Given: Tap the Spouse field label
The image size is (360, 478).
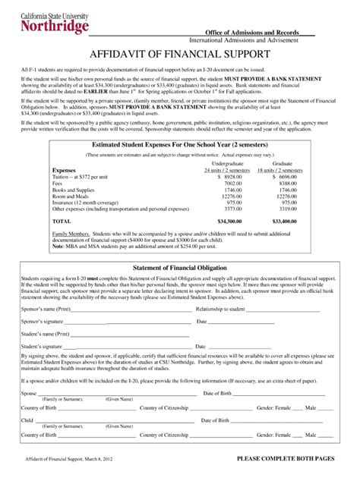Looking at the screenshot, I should point(29,393).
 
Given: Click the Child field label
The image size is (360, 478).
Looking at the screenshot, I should point(27,419).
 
